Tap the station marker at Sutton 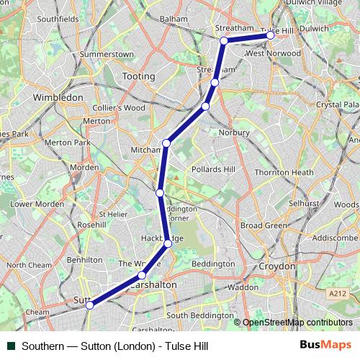[90, 305]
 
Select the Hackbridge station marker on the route [168, 243]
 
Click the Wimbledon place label [58, 96]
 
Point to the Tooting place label [138, 76]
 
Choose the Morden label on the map [85, 167]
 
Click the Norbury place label [234, 132]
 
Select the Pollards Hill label [213, 169]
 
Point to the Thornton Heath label [284, 173]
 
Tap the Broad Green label [263, 225]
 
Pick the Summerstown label [107, 54]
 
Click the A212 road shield [336, 294]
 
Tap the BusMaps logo [325, 345]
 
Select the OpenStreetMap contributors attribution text [297, 323]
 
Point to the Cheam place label [37, 312]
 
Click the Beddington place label [213, 264]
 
